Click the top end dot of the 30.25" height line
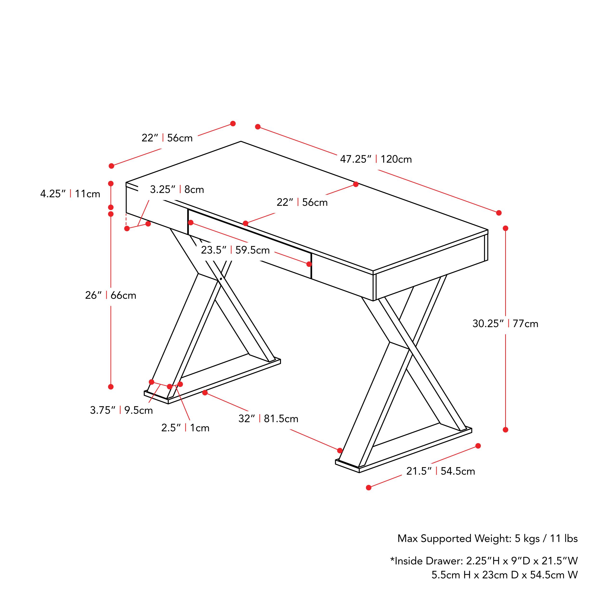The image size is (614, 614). pos(506,228)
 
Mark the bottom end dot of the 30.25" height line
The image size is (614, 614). pos(506,430)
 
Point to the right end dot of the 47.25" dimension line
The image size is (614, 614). pos(499,213)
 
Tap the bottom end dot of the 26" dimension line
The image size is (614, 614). pos(111,387)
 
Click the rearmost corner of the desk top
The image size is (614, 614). pos(241,141)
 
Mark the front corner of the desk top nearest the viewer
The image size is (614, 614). pos(373,272)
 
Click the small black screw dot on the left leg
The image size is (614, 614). pos(221,279)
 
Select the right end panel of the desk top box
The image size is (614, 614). pos(431,265)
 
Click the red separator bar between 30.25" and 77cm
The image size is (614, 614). pos(509,324)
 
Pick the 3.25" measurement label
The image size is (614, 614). pos(163,189)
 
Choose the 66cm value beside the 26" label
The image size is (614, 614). pos(123,295)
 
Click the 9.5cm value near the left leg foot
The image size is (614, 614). pos(138,410)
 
